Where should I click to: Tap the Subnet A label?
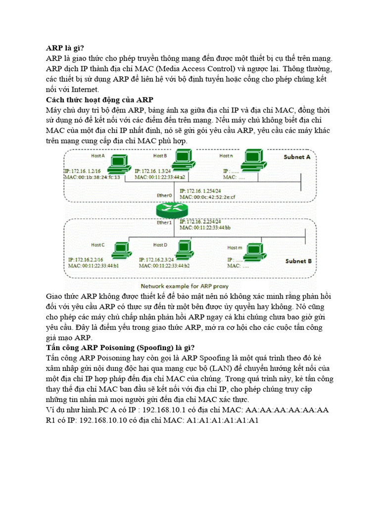tap(297, 157)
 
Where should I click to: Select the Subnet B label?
tap(298, 260)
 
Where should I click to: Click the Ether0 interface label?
tap(164, 196)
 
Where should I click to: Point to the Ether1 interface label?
tap(164, 223)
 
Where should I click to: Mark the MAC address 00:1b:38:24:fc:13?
tap(92, 177)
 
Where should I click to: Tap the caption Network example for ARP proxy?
tap(184, 286)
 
